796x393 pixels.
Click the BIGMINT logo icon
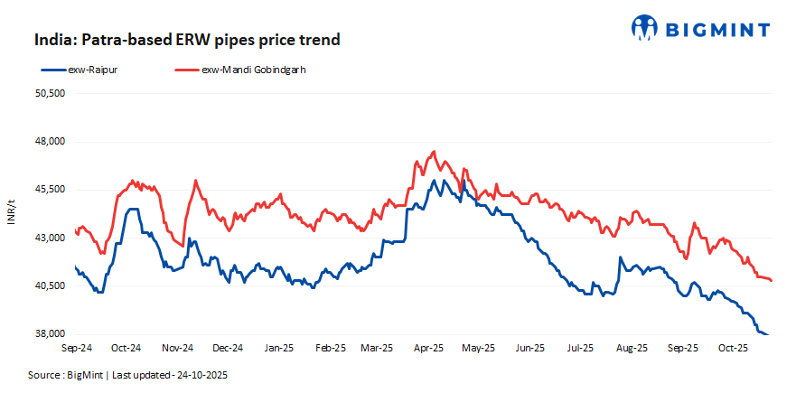pos(645,27)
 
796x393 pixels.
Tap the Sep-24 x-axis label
pos(76,348)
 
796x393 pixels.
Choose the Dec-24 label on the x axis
pos(228,348)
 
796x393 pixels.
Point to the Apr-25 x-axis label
pos(428,348)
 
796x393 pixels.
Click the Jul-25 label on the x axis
pos(579,348)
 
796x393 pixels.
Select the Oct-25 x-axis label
pos(733,348)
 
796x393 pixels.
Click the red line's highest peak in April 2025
pos(435,152)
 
